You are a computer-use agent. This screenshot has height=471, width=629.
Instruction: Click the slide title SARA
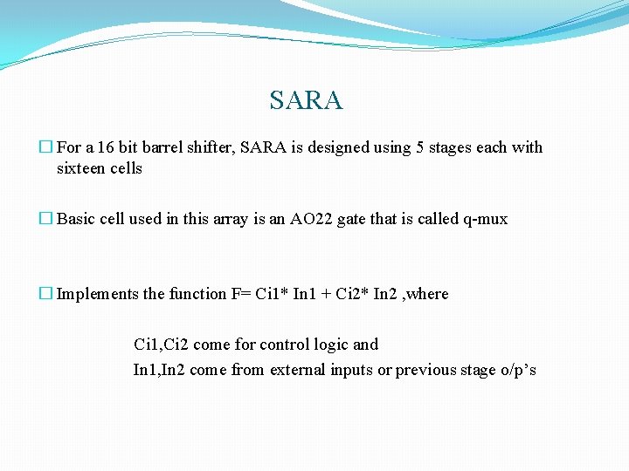(x=307, y=100)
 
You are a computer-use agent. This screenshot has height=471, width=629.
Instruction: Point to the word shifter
(x=214, y=147)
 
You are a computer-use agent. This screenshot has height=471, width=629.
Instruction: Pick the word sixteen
(x=79, y=168)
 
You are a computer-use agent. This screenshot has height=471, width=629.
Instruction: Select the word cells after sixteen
(x=125, y=168)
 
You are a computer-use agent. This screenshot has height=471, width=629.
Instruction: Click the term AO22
(x=304, y=219)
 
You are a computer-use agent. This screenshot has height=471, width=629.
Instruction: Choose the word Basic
(x=76, y=219)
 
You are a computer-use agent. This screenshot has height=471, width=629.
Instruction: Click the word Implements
(x=98, y=294)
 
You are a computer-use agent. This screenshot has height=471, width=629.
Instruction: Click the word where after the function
(x=427, y=294)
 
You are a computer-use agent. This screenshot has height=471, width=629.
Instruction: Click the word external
(x=298, y=370)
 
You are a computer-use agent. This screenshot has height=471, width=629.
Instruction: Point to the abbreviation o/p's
(x=517, y=370)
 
